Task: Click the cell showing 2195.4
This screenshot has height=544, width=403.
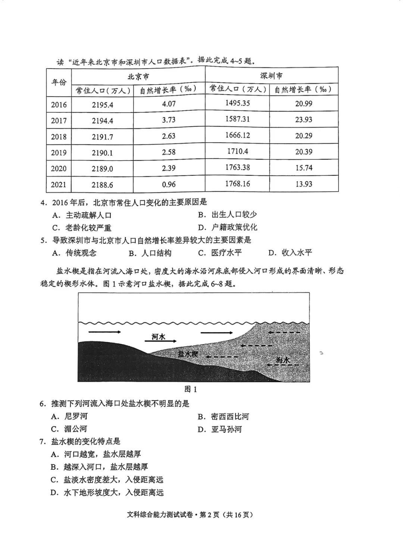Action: (102, 105)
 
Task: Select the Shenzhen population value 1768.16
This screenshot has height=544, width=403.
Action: (237, 184)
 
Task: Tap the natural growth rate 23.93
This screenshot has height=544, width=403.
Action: (303, 120)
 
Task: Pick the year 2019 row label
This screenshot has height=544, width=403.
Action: (59, 153)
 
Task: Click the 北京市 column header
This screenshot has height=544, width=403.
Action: (138, 76)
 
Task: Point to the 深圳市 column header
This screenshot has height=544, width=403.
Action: (271, 76)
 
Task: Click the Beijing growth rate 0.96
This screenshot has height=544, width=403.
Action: (169, 184)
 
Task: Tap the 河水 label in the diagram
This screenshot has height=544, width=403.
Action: (158, 337)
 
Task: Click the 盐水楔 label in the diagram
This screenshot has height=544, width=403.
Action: (187, 354)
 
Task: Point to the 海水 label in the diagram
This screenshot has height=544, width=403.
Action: (283, 360)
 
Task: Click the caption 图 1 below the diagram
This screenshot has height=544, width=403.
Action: (191, 389)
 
